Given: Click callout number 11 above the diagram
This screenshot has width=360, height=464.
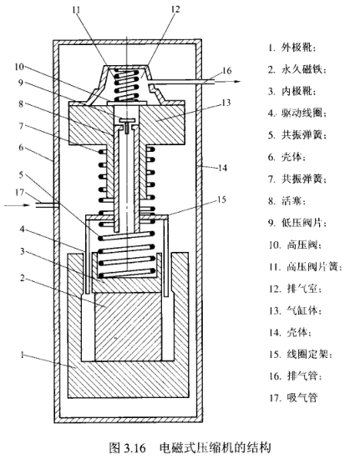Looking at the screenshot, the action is pyautogui.click(x=76, y=10).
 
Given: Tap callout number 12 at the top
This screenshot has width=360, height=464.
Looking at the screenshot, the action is pyautogui.click(x=175, y=9).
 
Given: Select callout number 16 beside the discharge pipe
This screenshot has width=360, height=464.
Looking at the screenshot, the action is pyautogui.click(x=226, y=71).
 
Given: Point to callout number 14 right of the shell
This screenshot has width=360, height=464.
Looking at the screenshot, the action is pyautogui.click(x=222, y=168).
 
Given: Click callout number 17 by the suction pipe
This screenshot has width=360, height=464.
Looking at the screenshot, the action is pyautogui.click(x=19, y=193).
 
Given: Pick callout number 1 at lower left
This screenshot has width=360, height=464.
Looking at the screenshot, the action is pyautogui.click(x=22, y=354).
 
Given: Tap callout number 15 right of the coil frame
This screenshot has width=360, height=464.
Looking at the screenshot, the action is pyautogui.click(x=221, y=199).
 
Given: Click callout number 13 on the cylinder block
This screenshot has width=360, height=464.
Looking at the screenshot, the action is pyautogui.click(x=226, y=103).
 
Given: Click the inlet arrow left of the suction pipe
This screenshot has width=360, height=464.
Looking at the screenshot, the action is pyautogui.click(x=18, y=204).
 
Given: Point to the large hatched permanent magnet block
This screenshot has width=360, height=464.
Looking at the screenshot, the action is pyautogui.click(x=129, y=327).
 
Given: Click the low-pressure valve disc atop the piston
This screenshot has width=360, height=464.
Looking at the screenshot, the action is pyautogui.click(x=128, y=121).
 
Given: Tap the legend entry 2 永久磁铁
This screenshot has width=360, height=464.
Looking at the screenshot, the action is pyautogui.click(x=297, y=69).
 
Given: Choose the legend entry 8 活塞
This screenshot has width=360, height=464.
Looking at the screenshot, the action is pyautogui.click(x=286, y=201).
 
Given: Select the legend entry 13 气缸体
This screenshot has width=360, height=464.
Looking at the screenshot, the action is pyautogui.click(x=296, y=310).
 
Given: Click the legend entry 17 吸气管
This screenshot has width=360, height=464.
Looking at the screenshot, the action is pyautogui.click(x=293, y=397).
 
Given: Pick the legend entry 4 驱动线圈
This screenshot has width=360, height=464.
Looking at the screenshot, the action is pyautogui.click(x=297, y=113).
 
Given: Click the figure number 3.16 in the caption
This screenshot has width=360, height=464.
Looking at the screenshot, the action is pyautogui.click(x=135, y=447).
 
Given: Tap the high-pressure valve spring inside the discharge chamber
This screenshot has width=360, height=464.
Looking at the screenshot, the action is pyautogui.click(x=127, y=84).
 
